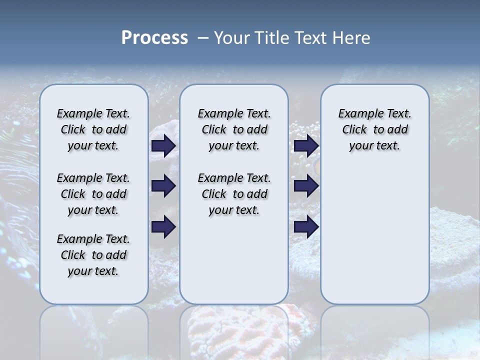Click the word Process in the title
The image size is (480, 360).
click(154, 38)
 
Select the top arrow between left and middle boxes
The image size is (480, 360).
click(163, 146)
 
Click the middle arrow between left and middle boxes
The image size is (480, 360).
click(163, 186)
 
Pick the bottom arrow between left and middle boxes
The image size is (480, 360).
click(163, 227)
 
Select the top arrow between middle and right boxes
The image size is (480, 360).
click(305, 146)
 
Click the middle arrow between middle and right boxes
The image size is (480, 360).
click(305, 186)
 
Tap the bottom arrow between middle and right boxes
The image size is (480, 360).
click(305, 227)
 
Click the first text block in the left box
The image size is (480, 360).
click(93, 130)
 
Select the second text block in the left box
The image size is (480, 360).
click(93, 194)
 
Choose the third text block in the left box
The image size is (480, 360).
click(93, 255)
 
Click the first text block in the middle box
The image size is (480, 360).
click(234, 130)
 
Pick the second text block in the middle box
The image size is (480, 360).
click(234, 194)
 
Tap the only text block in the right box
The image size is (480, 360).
click(374, 130)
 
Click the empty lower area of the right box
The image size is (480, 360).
click(374, 240)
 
